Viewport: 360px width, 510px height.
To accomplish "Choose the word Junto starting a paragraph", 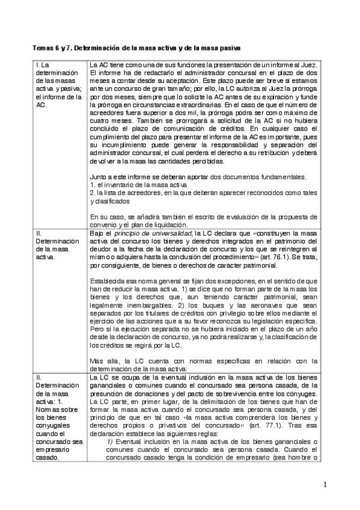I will coord(97,177).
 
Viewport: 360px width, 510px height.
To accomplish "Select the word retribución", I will coord(266,154).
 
